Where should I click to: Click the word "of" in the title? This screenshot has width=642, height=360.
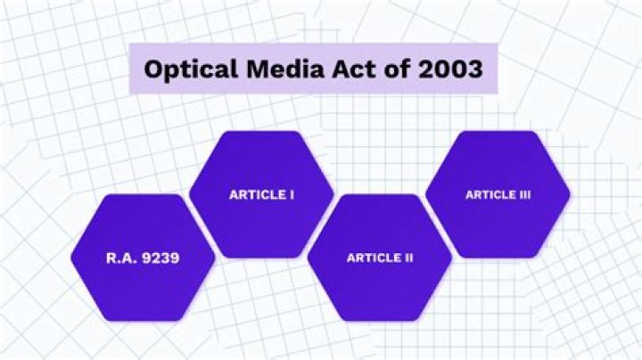[388, 69]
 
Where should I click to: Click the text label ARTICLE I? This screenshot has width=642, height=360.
[261, 195]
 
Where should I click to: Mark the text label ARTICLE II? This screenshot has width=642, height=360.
[379, 258]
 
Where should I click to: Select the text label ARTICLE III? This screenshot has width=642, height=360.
[498, 195]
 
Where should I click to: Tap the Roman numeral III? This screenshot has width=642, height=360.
[523, 195]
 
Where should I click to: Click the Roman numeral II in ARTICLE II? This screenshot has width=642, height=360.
[407, 258]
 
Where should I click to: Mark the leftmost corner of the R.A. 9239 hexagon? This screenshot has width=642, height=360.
[70, 258]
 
